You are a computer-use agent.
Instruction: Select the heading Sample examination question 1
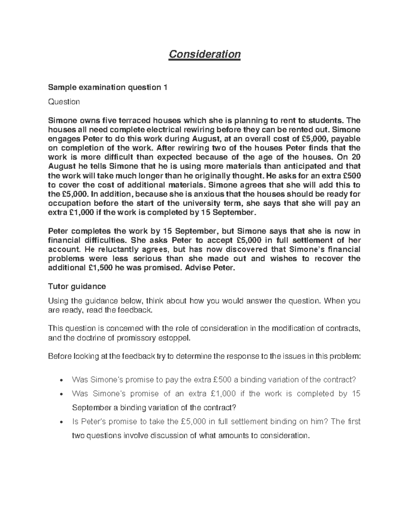pos(108,88)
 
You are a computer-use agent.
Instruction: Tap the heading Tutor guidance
pos(77,286)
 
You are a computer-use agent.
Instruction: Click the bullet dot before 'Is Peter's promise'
pos(61,422)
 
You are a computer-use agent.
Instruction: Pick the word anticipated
pos(302,166)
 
